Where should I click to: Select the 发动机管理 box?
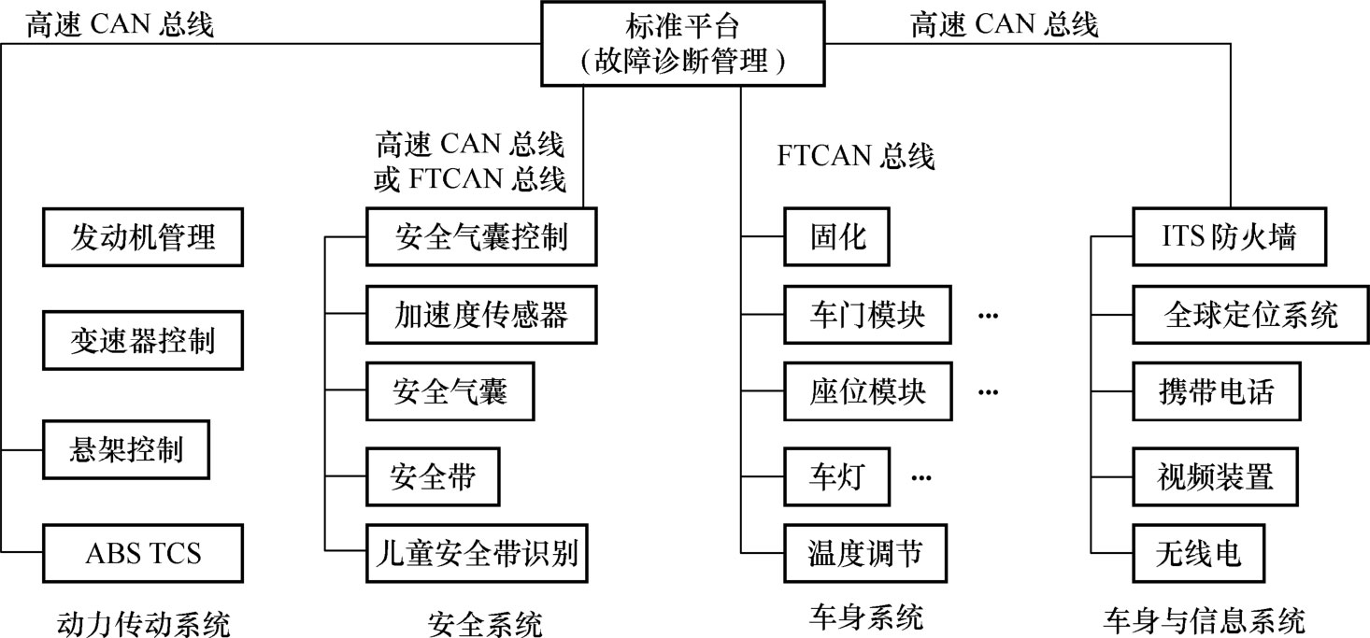tap(143, 237)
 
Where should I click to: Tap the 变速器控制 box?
tap(143, 341)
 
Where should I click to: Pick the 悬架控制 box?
tap(126, 450)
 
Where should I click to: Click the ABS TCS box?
tap(143, 552)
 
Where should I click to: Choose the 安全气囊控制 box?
tap(480, 237)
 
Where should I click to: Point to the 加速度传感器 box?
tap(480, 316)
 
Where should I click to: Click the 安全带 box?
tap(433, 477)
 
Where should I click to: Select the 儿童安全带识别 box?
tap(480, 552)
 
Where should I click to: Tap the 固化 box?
tap(836, 237)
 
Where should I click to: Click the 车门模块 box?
tap(866, 316)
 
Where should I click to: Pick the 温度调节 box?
tap(866, 552)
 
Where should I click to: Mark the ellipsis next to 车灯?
tap(921, 478)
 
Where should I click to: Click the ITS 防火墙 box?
tap(1215, 237)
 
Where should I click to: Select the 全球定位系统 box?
tap(1250, 316)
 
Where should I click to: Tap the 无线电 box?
tap(1199, 552)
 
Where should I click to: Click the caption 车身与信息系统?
tap(1204, 619)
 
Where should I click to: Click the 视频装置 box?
tap(1215, 477)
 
